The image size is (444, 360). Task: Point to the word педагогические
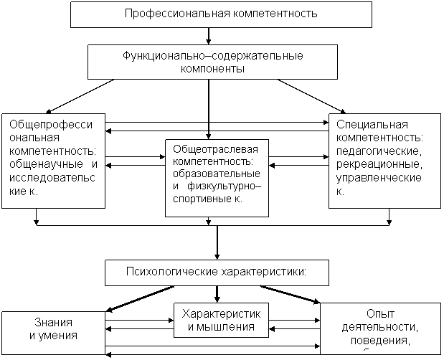tap(380, 151)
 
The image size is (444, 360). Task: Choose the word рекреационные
tap(378, 165)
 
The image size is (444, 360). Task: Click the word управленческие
tap(378, 178)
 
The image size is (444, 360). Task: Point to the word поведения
tap(380, 340)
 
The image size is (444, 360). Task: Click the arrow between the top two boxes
tap(209, 36)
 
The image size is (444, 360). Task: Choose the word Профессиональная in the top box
tap(171, 14)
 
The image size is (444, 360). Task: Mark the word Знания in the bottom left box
tap(54, 322)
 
